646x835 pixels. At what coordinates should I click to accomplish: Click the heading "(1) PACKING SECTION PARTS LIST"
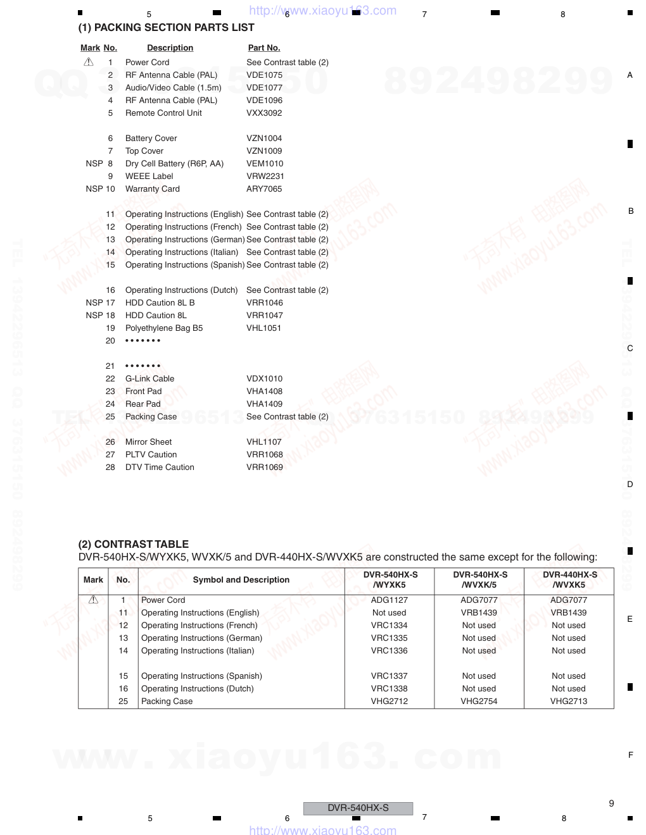coord(166,28)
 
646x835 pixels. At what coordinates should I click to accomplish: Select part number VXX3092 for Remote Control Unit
coord(264,113)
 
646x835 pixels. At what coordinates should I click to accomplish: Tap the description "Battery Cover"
coord(151,139)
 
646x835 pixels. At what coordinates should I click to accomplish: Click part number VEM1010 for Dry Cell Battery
coord(265,164)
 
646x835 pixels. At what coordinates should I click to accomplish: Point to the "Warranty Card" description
coord(152,189)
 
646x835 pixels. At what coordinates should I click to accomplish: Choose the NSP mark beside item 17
coord(94,303)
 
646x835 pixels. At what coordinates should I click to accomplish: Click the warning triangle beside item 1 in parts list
coord(89,62)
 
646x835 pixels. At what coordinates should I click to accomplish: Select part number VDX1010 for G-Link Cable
coord(264,379)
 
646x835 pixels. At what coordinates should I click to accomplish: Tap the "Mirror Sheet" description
coord(148,442)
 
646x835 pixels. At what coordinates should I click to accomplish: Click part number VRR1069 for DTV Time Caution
coord(265,467)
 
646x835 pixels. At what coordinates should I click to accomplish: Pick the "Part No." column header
coord(264,48)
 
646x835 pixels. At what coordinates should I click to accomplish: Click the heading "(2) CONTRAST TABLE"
coord(134,544)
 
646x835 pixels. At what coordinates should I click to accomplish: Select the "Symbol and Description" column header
coord(241,580)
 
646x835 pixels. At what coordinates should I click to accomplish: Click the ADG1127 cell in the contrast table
coord(389,600)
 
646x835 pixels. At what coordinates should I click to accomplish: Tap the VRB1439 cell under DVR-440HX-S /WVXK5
coord(569,613)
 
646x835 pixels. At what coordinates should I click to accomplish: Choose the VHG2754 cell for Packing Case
coord(479,702)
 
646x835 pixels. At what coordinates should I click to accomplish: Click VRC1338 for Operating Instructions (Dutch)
coord(389,689)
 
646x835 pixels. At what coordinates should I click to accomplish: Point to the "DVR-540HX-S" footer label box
coord(358,808)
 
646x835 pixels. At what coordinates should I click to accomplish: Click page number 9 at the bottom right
coord(611,803)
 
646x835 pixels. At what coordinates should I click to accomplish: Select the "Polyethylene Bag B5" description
coord(164,328)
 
